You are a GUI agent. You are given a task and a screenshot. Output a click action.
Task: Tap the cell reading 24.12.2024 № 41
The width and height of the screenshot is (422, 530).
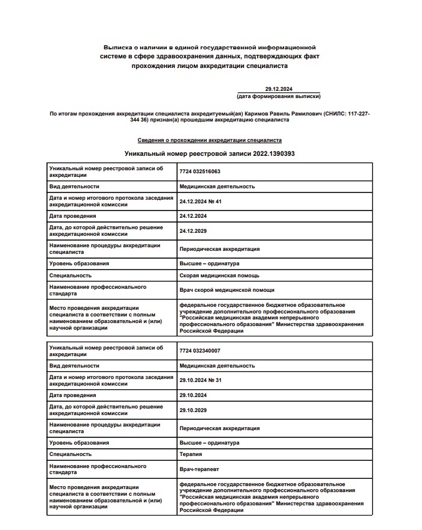pos(201,201)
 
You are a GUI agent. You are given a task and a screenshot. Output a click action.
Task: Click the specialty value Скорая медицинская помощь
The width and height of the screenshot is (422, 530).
pos(220,276)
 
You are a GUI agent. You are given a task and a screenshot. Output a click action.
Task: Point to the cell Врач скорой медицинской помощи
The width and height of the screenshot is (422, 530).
pos(226,290)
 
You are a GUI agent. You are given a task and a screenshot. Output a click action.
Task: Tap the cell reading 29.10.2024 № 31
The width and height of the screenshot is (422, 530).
pos(201,380)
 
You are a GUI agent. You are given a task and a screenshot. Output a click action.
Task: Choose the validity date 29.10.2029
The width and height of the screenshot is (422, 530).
pos(193,410)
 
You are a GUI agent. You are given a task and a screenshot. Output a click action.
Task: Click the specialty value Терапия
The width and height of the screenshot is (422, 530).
pos(191,454)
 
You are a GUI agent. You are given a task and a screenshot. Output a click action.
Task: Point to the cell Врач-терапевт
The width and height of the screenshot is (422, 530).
pos(200,469)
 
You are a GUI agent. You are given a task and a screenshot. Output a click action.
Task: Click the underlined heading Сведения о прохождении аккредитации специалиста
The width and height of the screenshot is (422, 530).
pos(209,140)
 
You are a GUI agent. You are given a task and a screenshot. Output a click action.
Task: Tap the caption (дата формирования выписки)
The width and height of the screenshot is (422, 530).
pos(279,96)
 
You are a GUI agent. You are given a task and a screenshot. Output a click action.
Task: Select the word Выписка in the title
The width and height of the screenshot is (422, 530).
pos(117,46)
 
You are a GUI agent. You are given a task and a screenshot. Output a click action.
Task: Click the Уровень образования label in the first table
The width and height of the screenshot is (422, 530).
pos(79,263)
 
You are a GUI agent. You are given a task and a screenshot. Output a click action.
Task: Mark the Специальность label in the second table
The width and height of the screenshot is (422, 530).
pos(70,454)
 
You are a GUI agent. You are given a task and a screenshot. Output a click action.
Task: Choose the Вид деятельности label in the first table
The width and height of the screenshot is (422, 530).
pos(74,186)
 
